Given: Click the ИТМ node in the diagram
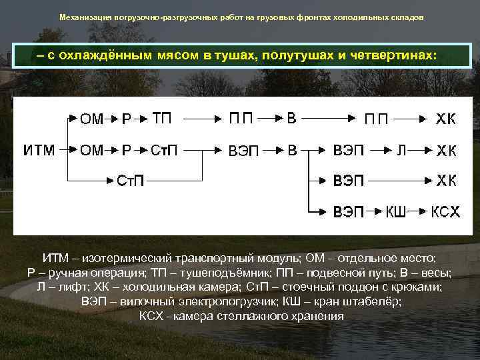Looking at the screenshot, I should (x=39, y=151).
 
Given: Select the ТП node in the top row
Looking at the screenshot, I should (x=162, y=119).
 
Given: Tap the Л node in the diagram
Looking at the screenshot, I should (x=401, y=151).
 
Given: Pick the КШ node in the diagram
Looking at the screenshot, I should (x=396, y=212).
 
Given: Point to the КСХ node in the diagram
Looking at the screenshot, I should (x=445, y=212).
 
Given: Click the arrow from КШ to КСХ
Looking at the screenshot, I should (x=417, y=212).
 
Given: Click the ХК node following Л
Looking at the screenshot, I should (x=446, y=151).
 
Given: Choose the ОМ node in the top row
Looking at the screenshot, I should (x=92, y=119).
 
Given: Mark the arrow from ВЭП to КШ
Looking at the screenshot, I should (x=375, y=212).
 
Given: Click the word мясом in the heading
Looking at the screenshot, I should (x=183, y=56).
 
